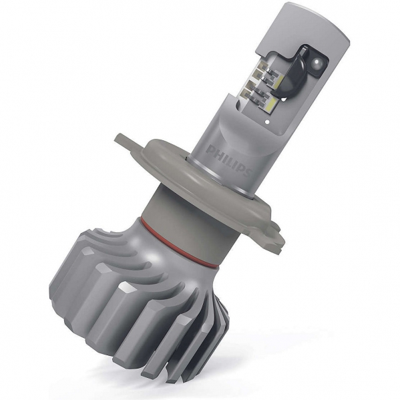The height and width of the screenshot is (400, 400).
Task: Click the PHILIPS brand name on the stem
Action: click(228, 160)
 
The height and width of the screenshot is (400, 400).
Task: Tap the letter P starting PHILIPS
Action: click(210, 150)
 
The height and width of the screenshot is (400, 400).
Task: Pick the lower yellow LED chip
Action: click(269, 103)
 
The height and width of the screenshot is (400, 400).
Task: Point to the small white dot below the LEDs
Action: click(267, 122)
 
